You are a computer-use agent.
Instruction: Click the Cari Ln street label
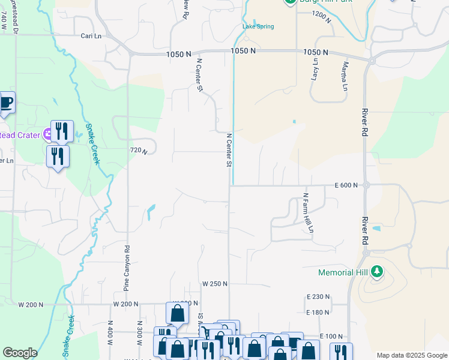coord(92,36)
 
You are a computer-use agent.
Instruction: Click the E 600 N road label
coord(346,185)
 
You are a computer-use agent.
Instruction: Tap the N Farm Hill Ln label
coord(308,212)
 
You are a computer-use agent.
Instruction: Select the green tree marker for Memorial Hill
coord(377,272)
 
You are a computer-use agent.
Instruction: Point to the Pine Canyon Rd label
coord(127,267)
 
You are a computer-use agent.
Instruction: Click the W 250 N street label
coord(215,284)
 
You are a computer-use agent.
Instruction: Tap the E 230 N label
coord(318,296)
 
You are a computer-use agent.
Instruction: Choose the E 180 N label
coord(318,312)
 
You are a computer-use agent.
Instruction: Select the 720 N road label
coord(139,151)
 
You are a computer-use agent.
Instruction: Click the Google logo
coord(20,353)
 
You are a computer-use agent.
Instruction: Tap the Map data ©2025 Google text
coord(412,356)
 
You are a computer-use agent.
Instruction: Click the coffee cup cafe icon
coord(5,103)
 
